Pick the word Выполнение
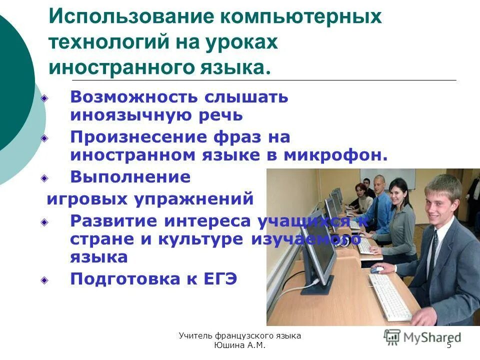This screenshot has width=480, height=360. coord(130,177)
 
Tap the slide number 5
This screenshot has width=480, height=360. coord(448,345)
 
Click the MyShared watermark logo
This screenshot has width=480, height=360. coord(422,337)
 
